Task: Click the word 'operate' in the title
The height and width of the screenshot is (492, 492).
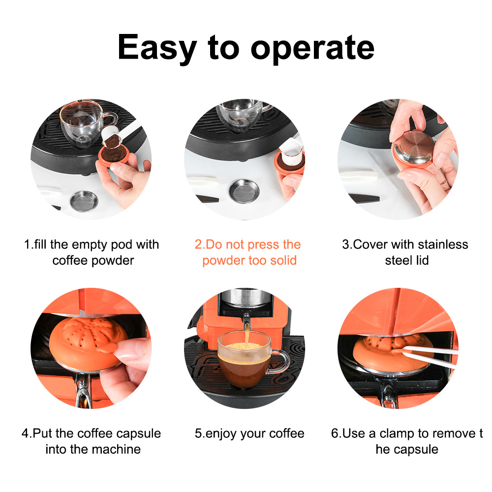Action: [312, 49]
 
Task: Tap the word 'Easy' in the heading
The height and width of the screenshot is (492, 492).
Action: [157, 48]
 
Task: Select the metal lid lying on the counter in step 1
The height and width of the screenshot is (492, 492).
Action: [84, 201]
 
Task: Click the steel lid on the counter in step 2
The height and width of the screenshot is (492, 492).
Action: [244, 191]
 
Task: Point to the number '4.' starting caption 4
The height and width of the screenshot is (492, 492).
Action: [27, 433]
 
